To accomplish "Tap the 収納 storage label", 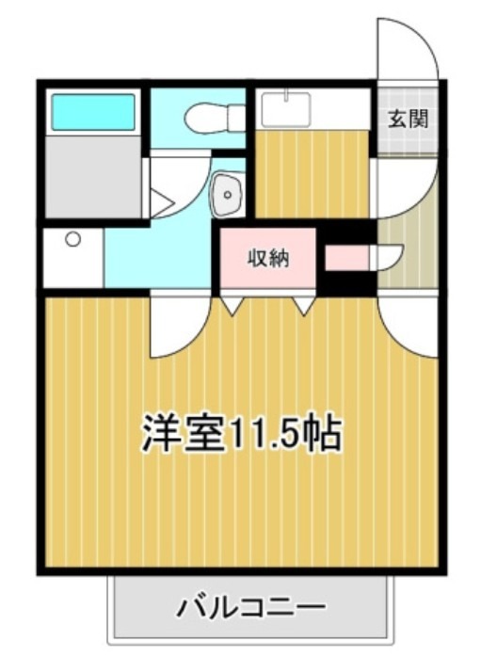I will point(267,256).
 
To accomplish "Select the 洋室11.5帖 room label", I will point(241,432).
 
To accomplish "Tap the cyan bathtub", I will point(93,112).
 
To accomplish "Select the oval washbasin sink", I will point(227,194).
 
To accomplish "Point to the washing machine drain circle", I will point(72,239).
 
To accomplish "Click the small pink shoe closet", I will point(347,257).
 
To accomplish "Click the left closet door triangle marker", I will point(233,305).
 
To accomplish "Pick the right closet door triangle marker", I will point(304,305).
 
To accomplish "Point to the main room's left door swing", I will point(177,325).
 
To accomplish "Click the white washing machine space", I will point(73,256).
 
